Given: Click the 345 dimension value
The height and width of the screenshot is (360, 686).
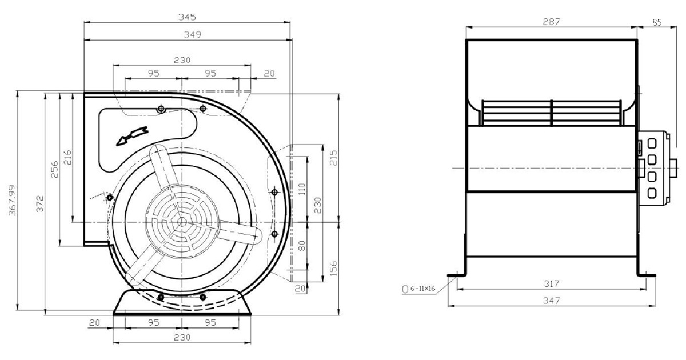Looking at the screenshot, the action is (187, 17).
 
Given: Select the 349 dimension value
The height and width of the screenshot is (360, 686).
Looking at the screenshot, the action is (192, 35).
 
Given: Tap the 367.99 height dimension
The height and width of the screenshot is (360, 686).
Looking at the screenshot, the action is (12, 200).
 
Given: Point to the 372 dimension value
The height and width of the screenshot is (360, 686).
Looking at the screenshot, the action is (40, 203).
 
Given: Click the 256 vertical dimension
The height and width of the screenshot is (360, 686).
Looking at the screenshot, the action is (54, 169).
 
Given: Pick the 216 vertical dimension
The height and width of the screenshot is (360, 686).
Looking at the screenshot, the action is (67, 157).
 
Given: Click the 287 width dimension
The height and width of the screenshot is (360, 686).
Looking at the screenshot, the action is (551, 22).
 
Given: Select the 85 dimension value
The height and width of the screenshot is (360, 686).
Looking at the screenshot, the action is (657, 22).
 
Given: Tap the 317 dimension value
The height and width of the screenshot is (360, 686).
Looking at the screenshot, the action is (552, 284).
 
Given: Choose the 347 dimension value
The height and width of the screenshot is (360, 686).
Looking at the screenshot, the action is (552, 301).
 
